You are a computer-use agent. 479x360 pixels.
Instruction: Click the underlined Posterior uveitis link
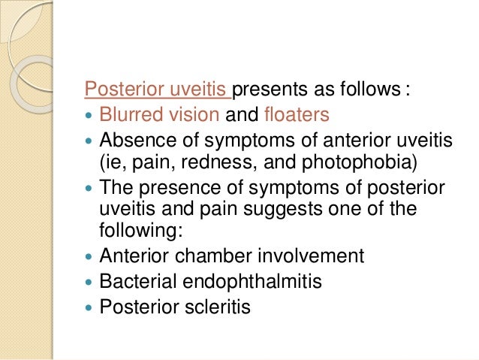tap(158, 92)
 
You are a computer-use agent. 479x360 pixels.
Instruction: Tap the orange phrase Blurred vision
tap(159, 116)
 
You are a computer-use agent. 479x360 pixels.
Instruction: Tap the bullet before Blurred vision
tap(90, 116)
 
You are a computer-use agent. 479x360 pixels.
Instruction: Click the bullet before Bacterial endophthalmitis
tap(90, 281)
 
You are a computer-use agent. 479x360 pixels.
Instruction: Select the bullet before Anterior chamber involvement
tap(90, 256)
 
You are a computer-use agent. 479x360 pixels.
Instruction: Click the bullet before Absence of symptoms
tap(90, 141)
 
